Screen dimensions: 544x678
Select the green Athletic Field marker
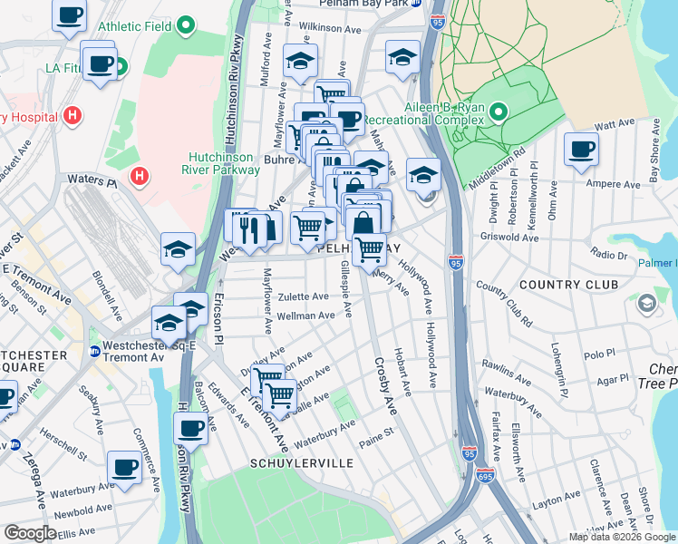187,24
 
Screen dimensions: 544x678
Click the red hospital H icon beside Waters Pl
138,175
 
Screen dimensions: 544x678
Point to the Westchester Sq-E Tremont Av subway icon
94,352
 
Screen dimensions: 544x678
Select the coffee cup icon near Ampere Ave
581,150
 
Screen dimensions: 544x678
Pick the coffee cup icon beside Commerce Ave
124,468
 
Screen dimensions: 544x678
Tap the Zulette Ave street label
303,296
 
